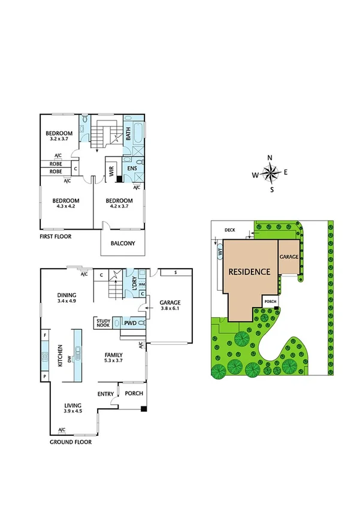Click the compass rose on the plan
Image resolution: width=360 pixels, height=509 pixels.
pos(270,174)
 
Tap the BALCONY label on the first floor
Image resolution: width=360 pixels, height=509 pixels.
pos(123,243)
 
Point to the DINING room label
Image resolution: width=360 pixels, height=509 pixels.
pos(67,295)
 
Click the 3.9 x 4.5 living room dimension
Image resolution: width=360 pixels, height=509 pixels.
pos(72,412)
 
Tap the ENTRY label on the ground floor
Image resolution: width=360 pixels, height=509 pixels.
pos(105,393)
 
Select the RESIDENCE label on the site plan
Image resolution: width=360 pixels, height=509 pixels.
pos(249,272)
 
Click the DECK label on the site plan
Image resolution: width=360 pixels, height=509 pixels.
pos(230,230)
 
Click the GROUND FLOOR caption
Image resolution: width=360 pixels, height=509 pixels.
pos(70,442)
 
